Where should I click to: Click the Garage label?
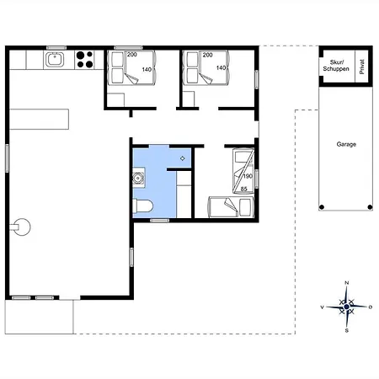pyautogui.click(x=346, y=144)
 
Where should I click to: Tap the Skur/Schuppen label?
pyautogui.click(x=336, y=66)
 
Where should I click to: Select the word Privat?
pyautogui.click(x=362, y=67)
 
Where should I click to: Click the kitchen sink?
pyautogui.click(x=55, y=60)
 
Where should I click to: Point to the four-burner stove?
pyautogui.click(x=85, y=60)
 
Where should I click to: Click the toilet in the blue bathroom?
pyautogui.click(x=143, y=206)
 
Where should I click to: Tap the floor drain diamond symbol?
pyautogui.click(x=183, y=158)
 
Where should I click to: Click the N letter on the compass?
pyautogui.click(x=347, y=283)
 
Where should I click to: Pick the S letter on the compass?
pyautogui.click(x=347, y=331)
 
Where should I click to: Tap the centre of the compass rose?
pyautogui.click(x=347, y=307)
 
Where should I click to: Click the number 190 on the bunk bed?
pyautogui.click(x=248, y=176)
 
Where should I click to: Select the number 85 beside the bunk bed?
pyautogui.click(x=244, y=189)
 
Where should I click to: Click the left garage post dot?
pyautogui.click(x=322, y=207)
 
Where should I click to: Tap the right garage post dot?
pyautogui.click(x=370, y=207)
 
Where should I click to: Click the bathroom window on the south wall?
pyautogui.click(x=159, y=221)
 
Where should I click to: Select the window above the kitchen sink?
pyautogui.click(x=56, y=48)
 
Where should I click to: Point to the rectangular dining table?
pyautogui.click(x=39, y=120)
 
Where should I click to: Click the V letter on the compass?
pyautogui.click(x=323, y=307)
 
